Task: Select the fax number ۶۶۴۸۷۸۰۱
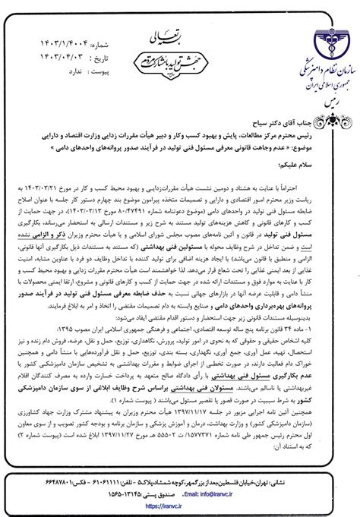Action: point(46,480)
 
